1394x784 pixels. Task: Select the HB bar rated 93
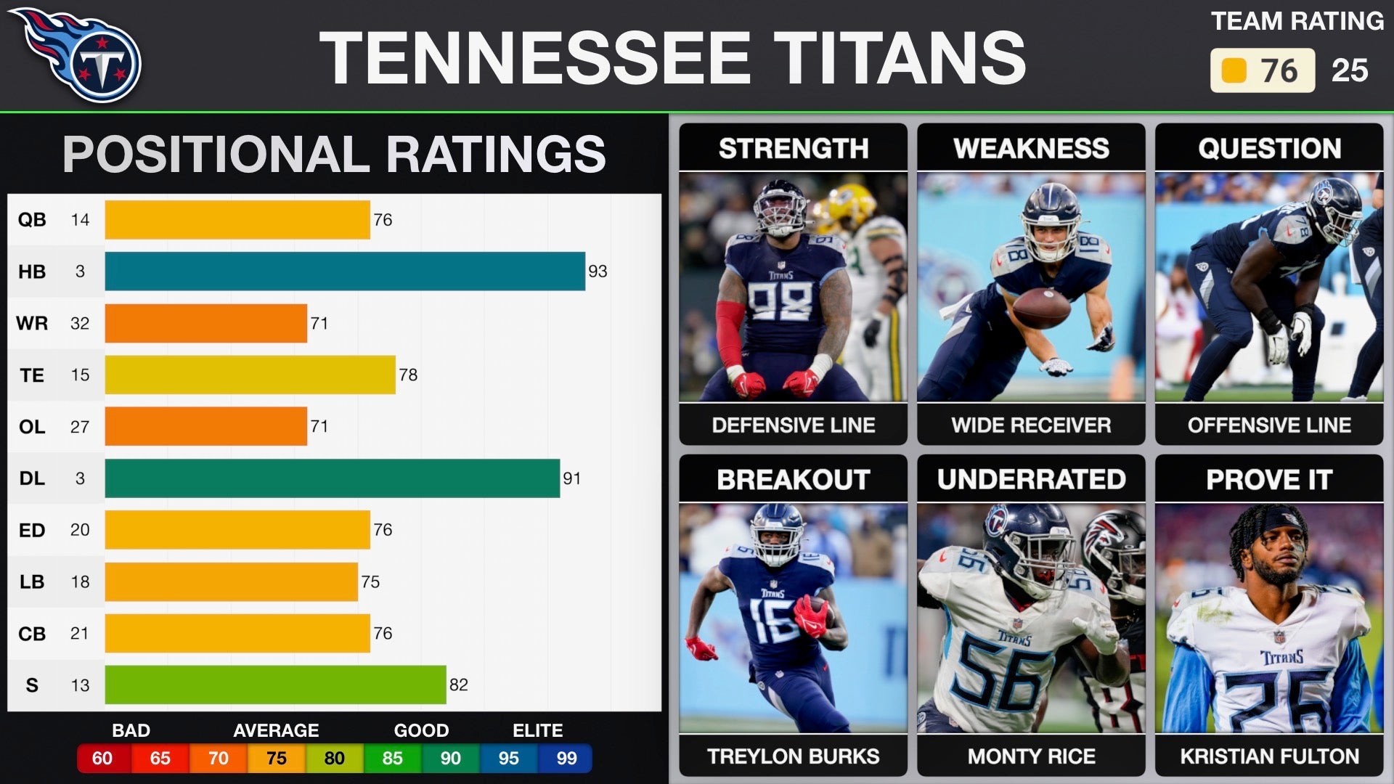(345, 271)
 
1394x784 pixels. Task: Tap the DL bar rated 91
(332, 478)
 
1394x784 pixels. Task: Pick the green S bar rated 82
(275, 685)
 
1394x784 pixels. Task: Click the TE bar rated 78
(250, 375)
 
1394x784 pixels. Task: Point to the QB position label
(32, 220)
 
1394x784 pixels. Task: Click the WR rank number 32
(80, 323)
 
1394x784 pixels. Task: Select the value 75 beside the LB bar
(370, 582)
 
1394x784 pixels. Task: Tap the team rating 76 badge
(1262, 70)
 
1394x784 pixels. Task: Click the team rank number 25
(1350, 70)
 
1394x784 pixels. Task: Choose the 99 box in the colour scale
(566, 759)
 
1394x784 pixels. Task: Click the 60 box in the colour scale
(102, 759)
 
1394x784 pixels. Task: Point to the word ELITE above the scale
(538, 730)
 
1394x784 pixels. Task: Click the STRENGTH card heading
(794, 148)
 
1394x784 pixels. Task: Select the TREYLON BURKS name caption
(794, 756)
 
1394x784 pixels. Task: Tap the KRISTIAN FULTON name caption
(1269, 756)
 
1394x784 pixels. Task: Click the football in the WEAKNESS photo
(1041, 308)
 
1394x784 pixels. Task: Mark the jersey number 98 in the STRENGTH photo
(780, 300)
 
